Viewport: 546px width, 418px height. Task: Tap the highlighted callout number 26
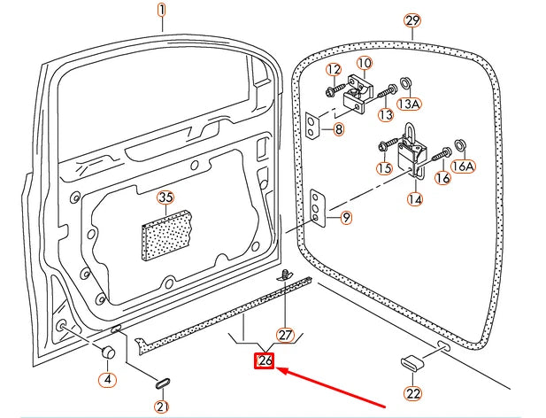(265, 360)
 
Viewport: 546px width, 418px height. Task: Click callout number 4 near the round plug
(107, 380)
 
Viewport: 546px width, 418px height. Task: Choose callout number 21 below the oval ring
(161, 406)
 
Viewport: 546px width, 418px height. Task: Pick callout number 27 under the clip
(284, 335)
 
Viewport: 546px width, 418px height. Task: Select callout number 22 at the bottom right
(413, 393)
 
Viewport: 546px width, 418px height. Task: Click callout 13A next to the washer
(409, 104)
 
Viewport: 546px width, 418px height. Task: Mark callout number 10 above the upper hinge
(365, 63)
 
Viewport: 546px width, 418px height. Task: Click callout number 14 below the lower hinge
(414, 199)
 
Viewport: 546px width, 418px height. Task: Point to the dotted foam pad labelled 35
(167, 236)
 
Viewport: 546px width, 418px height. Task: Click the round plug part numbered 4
(110, 352)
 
